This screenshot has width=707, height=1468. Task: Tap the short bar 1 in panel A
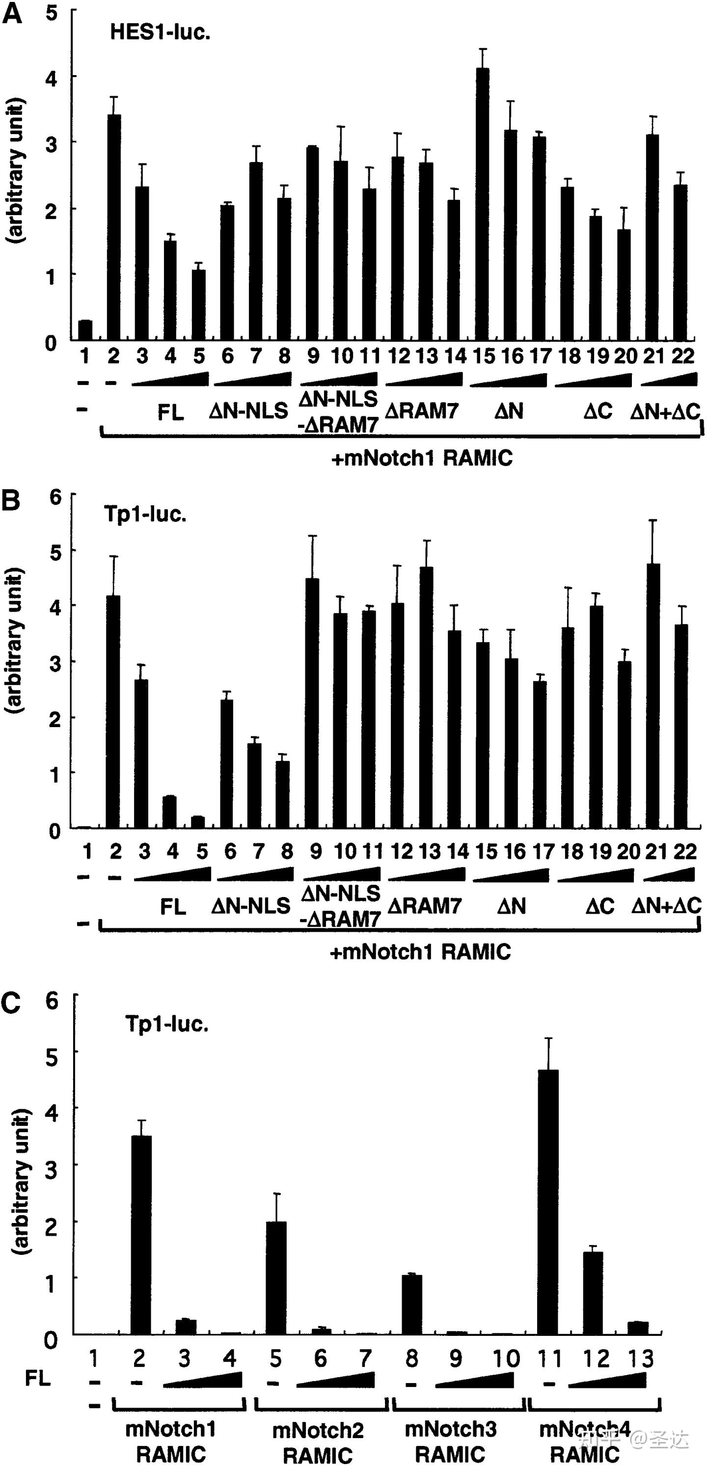coord(85,330)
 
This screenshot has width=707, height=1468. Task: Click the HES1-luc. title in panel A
coord(160,32)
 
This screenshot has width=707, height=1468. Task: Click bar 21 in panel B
coord(653,695)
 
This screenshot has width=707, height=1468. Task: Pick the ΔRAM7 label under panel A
coord(422,410)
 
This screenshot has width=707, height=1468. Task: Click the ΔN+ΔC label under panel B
coord(666,905)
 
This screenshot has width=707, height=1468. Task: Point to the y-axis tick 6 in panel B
coord(54,497)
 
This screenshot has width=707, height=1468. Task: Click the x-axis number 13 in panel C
coord(640,1359)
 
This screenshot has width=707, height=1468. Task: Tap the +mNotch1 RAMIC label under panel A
coord(422,458)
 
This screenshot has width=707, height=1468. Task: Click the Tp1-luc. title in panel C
coord(167,1024)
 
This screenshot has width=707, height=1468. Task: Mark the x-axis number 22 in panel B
coord(684,851)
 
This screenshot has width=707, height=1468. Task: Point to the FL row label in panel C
coord(38,1378)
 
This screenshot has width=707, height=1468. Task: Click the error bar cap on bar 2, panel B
coord(114,556)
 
